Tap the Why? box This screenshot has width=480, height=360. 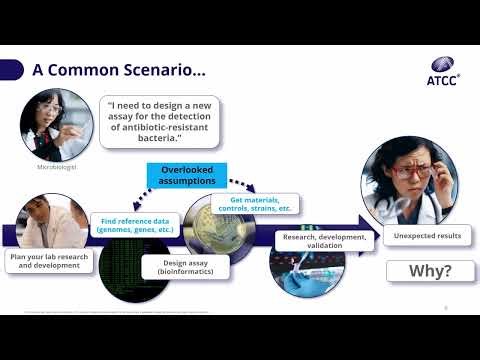tap(429, 271)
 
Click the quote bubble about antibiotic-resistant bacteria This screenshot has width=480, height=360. tap(161, 120)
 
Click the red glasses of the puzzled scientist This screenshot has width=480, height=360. tap(410, 172)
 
